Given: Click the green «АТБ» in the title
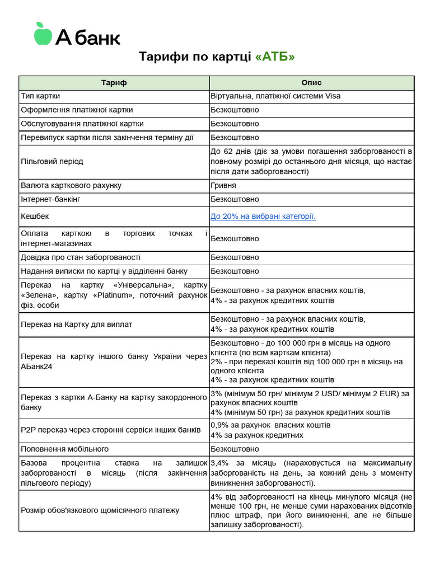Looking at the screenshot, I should pyautogui.click(x=275, y=57).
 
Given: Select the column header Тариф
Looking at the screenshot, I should pyautogui.click(x=114, y=82).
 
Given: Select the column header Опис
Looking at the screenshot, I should pyautogui.click(x=311, y=82).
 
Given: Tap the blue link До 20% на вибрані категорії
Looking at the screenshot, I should pyautogui.click(x=263, y=217).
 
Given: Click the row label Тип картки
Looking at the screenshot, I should pyautogui.click(x=40, y=96).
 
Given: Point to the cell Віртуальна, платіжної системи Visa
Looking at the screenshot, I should pyautogui.click(x=275, y=96).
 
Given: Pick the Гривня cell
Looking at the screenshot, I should pyautogui.click(x=223, y=185).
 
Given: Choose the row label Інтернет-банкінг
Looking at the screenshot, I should pyautogui.click(x=53, y=199).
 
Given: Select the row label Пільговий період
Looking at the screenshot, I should pyautogui.click(x=52, y=162).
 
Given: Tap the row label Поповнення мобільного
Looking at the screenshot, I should pyautogui.click(x=64, y=449).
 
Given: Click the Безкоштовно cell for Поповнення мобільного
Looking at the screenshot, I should pyautogui.click(x=235, y=449).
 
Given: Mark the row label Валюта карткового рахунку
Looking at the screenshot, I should pyautogui.click(x=71, y=185).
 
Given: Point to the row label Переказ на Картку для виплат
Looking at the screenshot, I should pyautogui.click(x=76, y=325).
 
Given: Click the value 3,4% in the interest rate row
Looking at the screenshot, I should pyautogui.click(x=220, y=463).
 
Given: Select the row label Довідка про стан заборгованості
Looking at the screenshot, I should pyautogui.click(x=81, y=257).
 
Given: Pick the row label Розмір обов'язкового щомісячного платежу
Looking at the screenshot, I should pyautogui.click(x=100, y=510).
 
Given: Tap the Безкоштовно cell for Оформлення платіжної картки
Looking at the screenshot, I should pyautogui.click(x=235, y=110).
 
